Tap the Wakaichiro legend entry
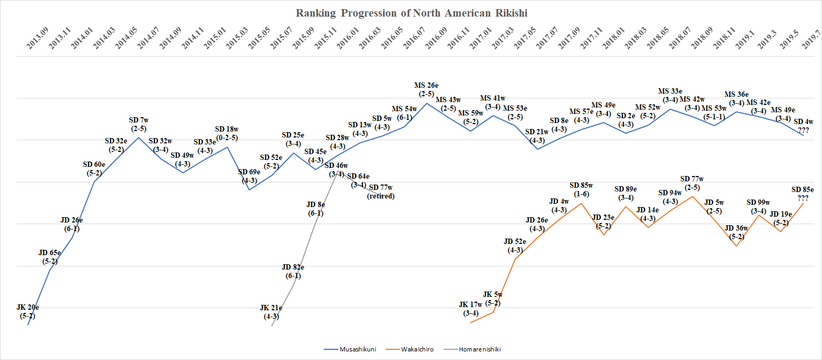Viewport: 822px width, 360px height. [x=414, y=349]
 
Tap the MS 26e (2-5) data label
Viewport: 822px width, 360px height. [x=427, y=89]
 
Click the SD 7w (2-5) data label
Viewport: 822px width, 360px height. [x=138, y=124]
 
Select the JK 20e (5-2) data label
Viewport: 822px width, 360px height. [x=28, y=311]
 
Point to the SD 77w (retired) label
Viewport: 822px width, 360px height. [x=380, y=192]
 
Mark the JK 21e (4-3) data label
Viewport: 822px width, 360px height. [x=271, y=312]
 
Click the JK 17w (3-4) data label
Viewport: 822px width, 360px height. [x=471, y=309]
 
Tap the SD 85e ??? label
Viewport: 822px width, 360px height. [x=803, y=194]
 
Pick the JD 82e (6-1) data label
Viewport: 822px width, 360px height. [x=293, y=271]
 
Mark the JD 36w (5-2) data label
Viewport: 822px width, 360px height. [x=736, y=232]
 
